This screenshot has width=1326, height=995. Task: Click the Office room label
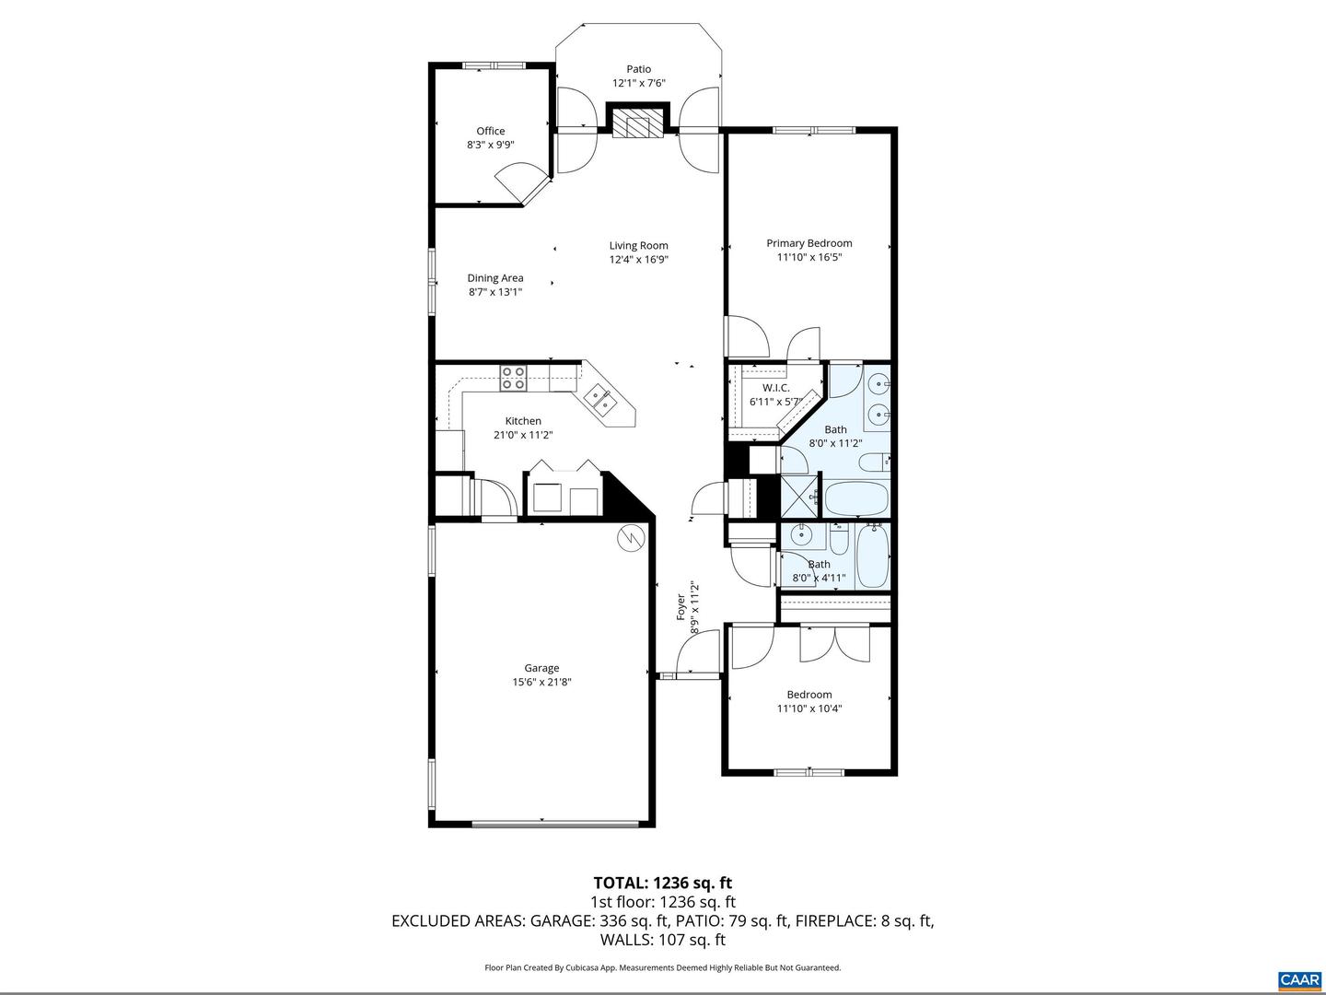[x=490, y=131]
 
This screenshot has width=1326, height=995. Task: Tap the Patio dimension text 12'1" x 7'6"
[x=638, y=83]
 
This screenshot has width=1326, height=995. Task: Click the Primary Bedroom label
[x=808, y=243]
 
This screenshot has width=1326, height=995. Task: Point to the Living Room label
[x=638, y=245]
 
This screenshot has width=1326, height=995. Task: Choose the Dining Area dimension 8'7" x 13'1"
[x=495, y=292]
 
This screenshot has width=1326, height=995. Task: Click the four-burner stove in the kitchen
[x=514, y=377]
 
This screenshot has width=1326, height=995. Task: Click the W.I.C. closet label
[x=775, y=388]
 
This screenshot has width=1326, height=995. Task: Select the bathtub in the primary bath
[x=855, y=498]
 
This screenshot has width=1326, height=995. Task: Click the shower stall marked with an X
[x=798, y=497]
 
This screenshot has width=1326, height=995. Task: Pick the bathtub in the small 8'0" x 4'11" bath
[x=871, y=556]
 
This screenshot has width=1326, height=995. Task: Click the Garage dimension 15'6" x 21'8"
[x=541, y=683]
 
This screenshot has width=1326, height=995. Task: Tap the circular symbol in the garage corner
[x=631, y=537]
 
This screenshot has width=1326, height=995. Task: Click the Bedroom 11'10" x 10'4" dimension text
[x=809, y=708]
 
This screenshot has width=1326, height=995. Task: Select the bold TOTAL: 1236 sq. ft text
[x=662, y=884]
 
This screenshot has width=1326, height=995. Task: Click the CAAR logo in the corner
[x=1299, y=978]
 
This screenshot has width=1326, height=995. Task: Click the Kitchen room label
[x=522, y=421]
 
